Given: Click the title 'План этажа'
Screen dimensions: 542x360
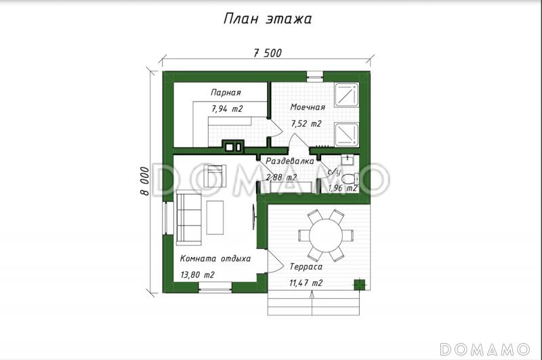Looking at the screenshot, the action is (267, 19).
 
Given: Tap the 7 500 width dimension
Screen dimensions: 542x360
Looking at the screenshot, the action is (268, 53).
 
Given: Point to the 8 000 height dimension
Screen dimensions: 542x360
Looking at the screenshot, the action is (146, 181).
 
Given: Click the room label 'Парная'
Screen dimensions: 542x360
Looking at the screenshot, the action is (226, 93).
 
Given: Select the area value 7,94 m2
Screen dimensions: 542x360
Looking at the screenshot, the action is (227, 109).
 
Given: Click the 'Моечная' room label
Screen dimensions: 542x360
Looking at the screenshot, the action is (308, 107).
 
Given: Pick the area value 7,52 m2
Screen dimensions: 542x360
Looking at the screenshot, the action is (306, 123).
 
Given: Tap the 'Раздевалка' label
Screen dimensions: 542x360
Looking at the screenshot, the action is (290, 161).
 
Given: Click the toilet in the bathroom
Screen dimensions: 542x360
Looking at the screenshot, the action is (350, 179).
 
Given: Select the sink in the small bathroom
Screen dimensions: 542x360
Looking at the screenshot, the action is (347, 160).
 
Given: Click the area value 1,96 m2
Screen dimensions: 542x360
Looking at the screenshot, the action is (343, 188).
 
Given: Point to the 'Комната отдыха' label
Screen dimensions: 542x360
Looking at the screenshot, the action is (215, 259).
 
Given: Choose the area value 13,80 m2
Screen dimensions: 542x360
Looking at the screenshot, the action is (197, 275).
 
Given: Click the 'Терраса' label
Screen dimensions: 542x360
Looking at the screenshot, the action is (306, 266).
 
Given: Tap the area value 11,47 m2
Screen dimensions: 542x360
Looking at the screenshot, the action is (306, 283).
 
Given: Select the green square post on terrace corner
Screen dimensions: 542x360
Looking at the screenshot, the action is (360, 285).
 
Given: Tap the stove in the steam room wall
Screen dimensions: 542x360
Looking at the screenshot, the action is (233, 146).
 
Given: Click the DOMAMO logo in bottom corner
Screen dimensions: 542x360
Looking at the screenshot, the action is (484, 349).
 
